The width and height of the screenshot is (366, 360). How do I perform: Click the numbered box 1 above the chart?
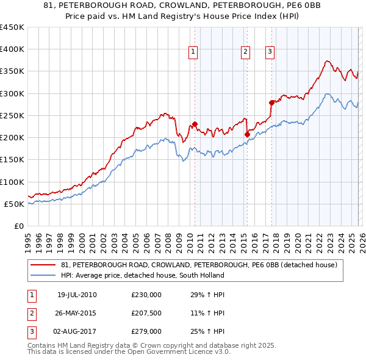pos(193,52)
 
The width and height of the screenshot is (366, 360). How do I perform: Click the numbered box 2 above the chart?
pos(245,52)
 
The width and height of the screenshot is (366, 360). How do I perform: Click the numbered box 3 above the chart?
pos(269,52)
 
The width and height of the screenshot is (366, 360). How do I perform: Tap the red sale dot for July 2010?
pos(195,124)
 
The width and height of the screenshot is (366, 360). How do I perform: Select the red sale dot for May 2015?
pos(247,134)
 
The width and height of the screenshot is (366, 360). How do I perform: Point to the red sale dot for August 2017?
pos(271,103)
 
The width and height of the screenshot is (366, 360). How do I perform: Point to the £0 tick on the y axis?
pos(20,226)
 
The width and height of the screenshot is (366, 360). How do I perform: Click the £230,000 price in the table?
pos(146,295)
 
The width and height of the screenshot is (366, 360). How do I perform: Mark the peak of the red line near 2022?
pos(328,60)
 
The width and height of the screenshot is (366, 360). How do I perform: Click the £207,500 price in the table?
pos(146,312)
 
